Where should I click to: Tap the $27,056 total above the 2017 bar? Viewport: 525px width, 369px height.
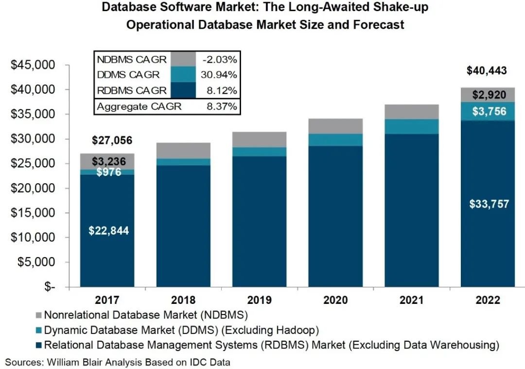click(x=111, y=141)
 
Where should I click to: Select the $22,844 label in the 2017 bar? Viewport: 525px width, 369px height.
click(x=108, y=231)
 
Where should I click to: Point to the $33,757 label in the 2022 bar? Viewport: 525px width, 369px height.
click(x=489, y=204)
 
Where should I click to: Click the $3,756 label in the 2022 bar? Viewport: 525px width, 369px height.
click(x=489, y=111)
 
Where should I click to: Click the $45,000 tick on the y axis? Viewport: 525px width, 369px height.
click(x=34, y=65)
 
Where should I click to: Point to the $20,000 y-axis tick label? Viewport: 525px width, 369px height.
click(x=34, y=189)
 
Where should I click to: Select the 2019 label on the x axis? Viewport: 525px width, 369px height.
click(x=260, y=300)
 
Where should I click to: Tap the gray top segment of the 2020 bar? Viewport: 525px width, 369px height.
click(x=335, y=126)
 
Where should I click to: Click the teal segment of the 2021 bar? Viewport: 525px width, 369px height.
click(x=412, y=126)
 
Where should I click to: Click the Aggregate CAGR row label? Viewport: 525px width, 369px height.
click(x=139, y=106)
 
